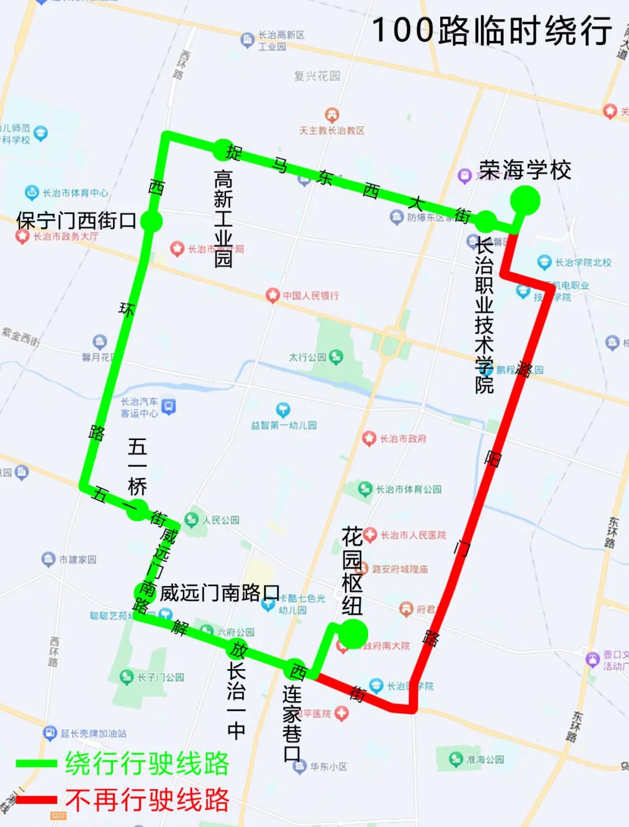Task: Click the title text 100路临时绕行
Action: (x=492, y=30)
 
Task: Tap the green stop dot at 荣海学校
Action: (x=525, y=200)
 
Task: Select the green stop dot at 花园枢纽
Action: (x=353, y=634)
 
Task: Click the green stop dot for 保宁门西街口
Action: (x=151, y=221)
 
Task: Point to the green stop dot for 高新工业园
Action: (x=223, y=150)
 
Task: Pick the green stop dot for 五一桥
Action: (x=138, y=509)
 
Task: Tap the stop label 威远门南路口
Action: (x=220, y=593)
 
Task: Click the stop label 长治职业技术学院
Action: (x=484, y=315)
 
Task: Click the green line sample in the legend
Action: (x=36, y=763)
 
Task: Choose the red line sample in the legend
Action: (x=36, y=800)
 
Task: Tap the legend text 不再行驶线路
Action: (x=147, y=800)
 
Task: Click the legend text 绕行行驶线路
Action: (x=147, y=763)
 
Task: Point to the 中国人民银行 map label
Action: (x=310, y=295)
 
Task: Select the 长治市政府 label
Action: (x=402, y=438)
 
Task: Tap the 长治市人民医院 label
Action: (x=413, y=535)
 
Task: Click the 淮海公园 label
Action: (x=485, y=759)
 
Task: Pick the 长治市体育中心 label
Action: (x=75, y=192)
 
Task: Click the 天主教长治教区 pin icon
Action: (x=332, y=114)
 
